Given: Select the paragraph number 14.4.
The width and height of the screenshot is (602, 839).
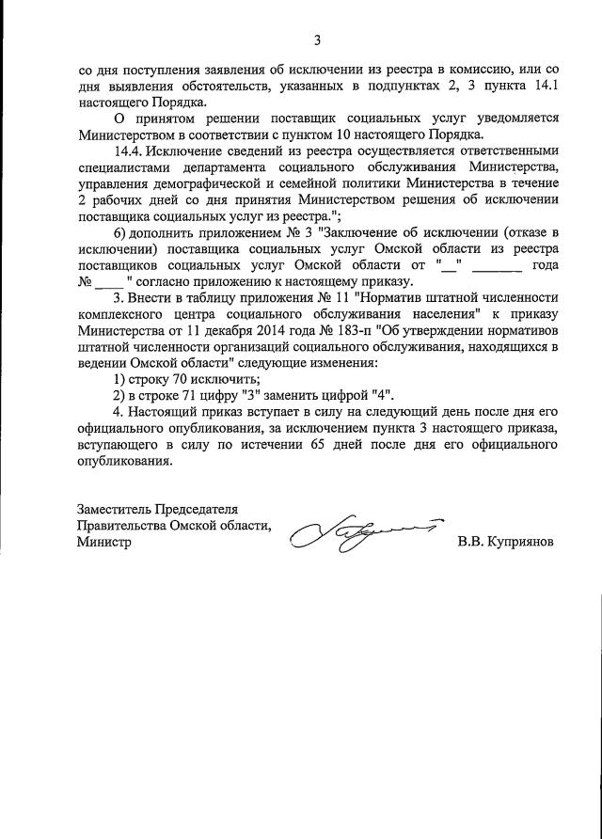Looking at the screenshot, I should coord(131,152).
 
